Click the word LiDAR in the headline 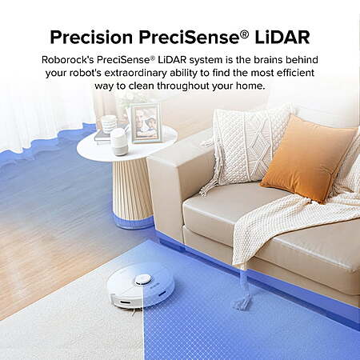tap(282, 37)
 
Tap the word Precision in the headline tap(91, 37)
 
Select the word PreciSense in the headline tap(189, 37)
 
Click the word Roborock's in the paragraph tap(68, 60)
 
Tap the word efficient tap(295, 73)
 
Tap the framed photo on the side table tap(146, 123)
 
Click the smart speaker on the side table tap(119, 142)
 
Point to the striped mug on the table tap(109, 124)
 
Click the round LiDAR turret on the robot tap(143, 280)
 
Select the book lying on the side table tap(102, 137)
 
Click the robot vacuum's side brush tap(134, 313)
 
